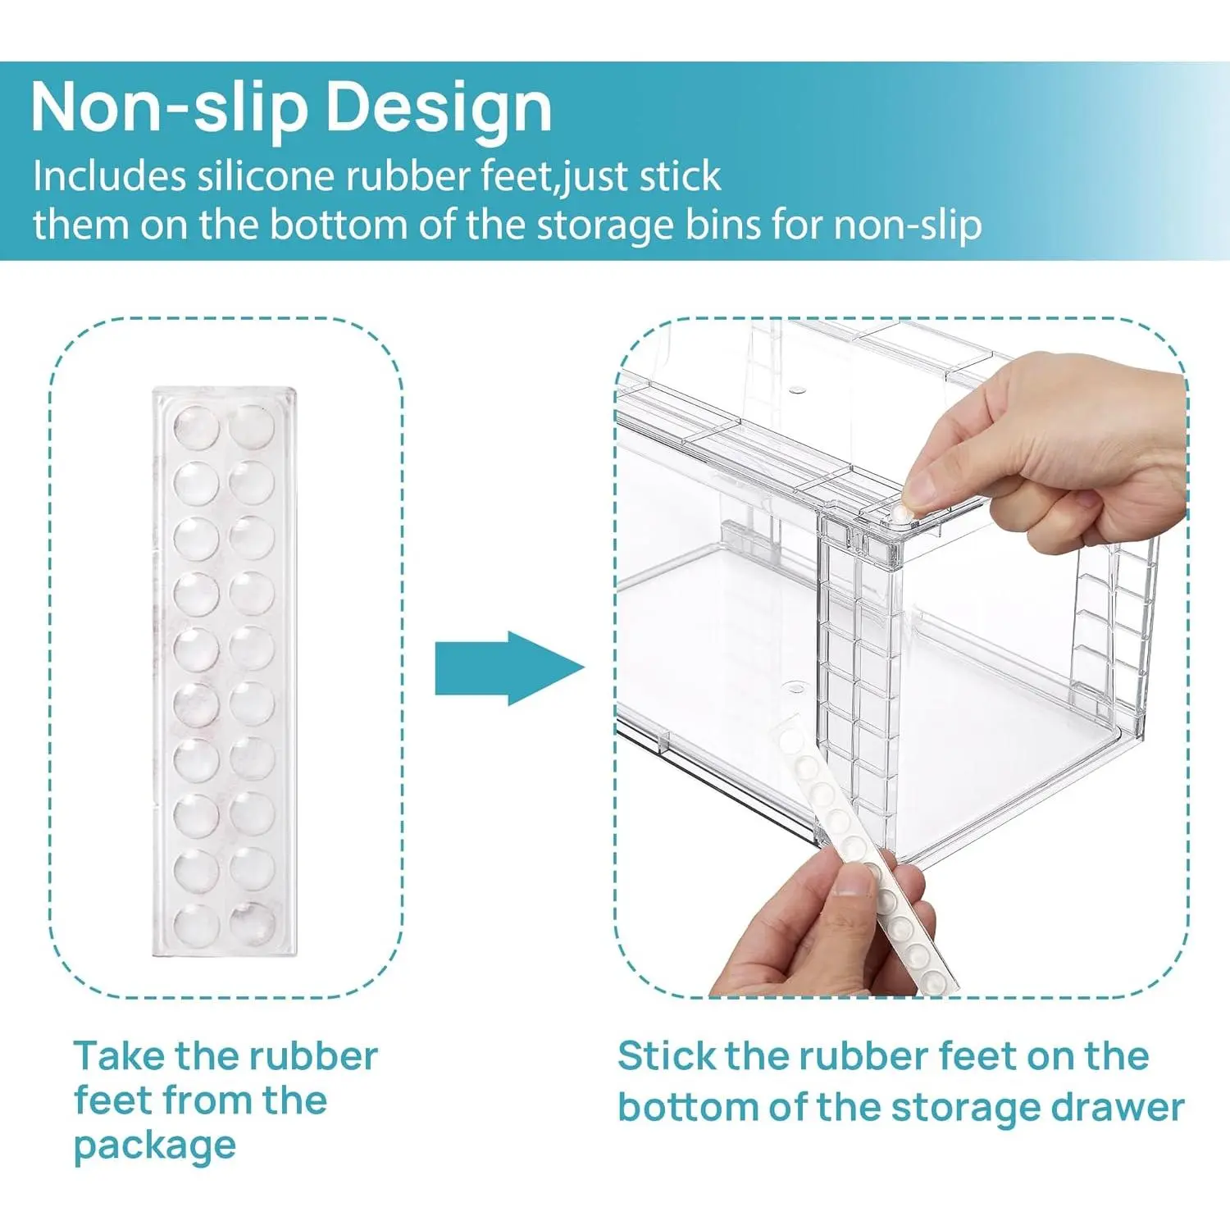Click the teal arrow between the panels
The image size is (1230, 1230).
(509, 667)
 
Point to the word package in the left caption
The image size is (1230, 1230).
(155, 1146)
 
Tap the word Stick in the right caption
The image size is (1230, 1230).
(665, 1055)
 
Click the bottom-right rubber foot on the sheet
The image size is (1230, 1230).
(252, 923)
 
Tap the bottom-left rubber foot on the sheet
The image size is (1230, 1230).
(197, 925)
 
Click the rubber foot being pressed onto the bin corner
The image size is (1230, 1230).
(902, 510)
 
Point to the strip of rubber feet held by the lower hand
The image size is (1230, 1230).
(861, 853)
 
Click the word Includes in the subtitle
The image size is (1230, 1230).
(110, 175)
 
